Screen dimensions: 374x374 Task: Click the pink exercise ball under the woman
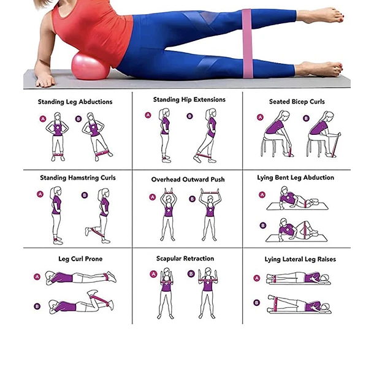[x=90, y=67]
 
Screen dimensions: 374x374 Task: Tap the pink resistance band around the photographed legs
[x=247, y=44]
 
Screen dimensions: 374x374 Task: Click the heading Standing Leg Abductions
[x=75, y=102]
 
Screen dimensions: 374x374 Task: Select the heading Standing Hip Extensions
[x=189, y=99]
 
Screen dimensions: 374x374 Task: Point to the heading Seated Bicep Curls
[x=297, y=102]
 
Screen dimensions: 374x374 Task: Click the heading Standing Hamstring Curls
[x=78, y=178]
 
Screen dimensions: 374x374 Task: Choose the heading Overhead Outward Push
[x=188, y=180]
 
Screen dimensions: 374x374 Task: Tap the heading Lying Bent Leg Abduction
[x=296, y=178]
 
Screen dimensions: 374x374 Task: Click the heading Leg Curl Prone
[x=80, y=259]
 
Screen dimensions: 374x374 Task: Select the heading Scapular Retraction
[x=185, y=259]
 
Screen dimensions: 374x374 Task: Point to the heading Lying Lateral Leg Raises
[x=300, y=259]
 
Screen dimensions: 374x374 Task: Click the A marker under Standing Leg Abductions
[x=43, y=118]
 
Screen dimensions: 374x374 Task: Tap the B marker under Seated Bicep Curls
[x=307, y=118]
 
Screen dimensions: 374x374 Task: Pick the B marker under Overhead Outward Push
[x=193, y=199]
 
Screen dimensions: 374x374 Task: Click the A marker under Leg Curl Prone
[x=37, y=277]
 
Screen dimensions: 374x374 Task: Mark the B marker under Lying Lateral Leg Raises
[x=257, y=303]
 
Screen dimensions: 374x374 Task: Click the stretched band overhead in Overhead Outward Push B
[x=210, y=192]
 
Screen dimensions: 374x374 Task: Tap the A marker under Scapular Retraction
[x=153, y=274]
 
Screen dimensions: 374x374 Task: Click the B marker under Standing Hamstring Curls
[x=85, y=195]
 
